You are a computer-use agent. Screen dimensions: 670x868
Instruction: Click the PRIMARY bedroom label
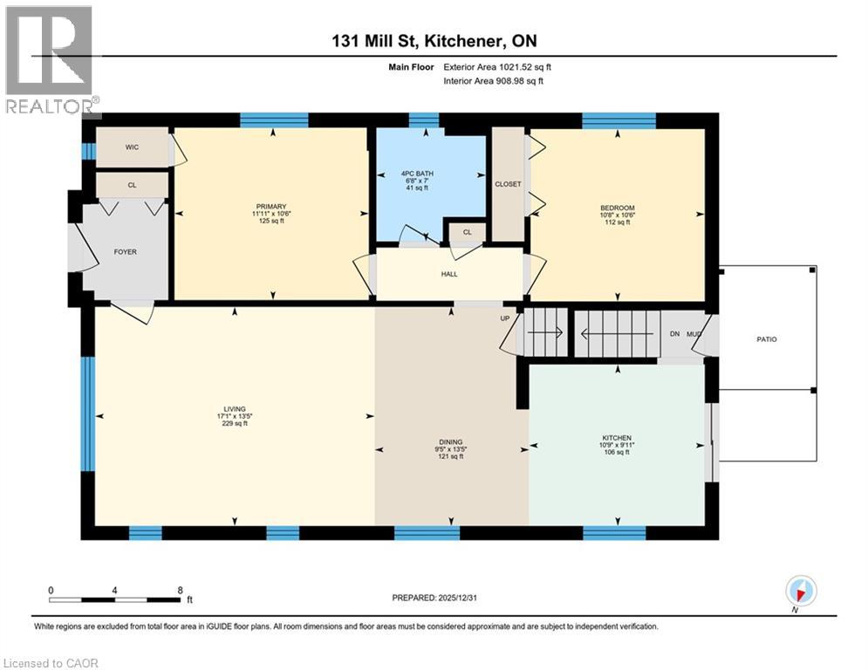coord(270,207)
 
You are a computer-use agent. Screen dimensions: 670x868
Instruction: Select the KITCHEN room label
coord(616,438)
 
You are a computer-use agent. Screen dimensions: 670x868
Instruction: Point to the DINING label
coord(451,442)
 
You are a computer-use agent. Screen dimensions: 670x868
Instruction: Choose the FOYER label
coord(125,252)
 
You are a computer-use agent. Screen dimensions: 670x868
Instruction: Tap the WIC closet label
coord(132,147)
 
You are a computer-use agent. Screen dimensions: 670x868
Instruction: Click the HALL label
coord(449,274)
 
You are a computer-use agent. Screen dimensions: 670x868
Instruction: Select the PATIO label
coord(766,339)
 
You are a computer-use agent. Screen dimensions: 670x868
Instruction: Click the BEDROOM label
coord(618,207)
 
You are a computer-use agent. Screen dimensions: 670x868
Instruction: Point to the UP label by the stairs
coord(504,318)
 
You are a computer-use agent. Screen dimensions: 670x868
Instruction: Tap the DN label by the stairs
coord(673,333)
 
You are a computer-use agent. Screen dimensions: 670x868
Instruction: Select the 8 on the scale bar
coord(180,590)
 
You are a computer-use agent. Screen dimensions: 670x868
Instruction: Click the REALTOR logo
coord(50,61)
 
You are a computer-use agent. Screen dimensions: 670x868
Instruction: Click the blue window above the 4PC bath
coord(424,120)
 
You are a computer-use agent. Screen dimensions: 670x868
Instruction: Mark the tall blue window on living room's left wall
coord(87,414)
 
